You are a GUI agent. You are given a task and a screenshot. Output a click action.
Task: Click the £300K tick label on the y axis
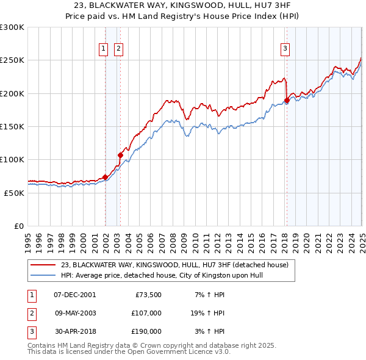(12, 27)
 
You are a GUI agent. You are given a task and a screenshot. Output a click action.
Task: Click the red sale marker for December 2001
(106, 177)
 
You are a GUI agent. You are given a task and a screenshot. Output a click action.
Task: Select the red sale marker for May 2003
(121, 155)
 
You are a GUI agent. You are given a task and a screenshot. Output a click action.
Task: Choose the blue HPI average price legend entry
(165, 275)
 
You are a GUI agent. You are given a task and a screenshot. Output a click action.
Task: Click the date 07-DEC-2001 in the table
(75, 295)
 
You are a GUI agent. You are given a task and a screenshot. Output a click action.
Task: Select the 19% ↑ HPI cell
(207, 313)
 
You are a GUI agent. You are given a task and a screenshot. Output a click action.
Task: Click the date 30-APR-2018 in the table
(75, 331)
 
